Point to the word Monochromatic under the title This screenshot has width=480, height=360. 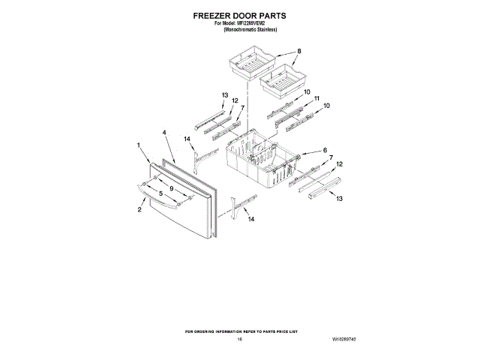point(243,28)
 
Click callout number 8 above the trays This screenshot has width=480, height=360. point(298,51)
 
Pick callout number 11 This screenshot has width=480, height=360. point(316,98)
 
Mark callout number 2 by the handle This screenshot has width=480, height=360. point(139,210)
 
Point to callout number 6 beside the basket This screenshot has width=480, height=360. point(325,150)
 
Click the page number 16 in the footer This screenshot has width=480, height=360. point(239,340)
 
